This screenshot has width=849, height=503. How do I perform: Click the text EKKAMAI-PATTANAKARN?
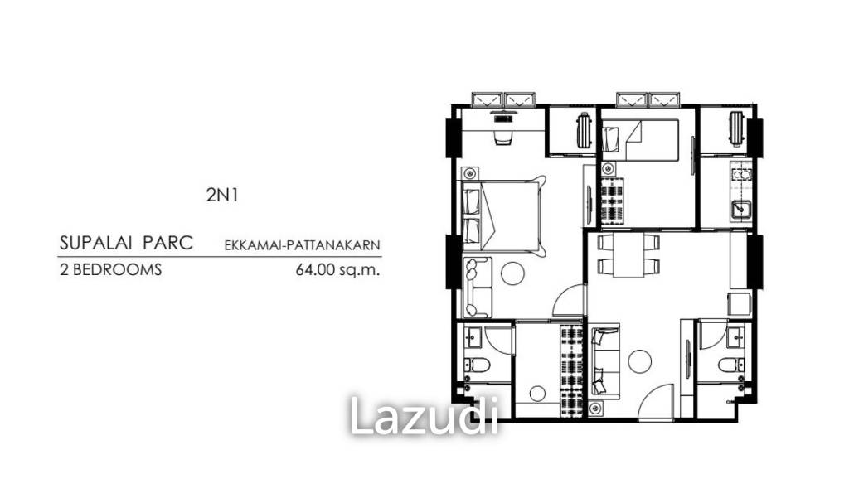pyautogui.click(x=302, y=245)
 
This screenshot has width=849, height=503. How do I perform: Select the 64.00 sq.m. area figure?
pyautogui.click(x=337, y=269)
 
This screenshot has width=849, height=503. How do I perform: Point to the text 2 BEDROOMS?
pyautogui.click(x=110, y=269)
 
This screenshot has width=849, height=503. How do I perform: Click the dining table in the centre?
pyautogui.click(x=628, y=254)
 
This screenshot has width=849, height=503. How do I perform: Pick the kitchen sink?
pyautogui.click(x=740, y=210)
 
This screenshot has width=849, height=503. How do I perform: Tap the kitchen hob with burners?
pyautogui.click(x=740, y=175)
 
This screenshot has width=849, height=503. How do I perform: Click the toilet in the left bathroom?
pyautogui.click(x=477, y=364)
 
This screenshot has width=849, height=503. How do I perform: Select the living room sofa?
pyautogui.click(x=605, y=360)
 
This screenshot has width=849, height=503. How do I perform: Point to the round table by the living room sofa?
pyautogui.click(x=639, y=360)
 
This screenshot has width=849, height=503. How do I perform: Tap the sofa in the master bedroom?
pyautogui.click(x=478, y=287)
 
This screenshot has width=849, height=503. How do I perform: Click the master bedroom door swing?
pyautogui.click(x=569, y=301)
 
